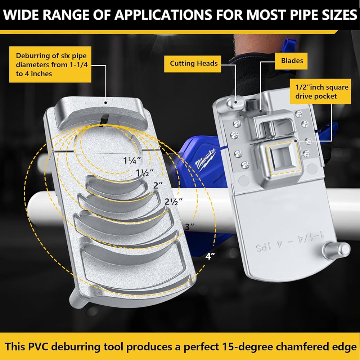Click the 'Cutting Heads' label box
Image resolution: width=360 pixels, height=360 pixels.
tap(194, 63)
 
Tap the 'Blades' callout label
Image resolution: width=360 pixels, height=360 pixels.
tap(292, 60)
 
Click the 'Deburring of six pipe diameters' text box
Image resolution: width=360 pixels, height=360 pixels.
tap(50, 64)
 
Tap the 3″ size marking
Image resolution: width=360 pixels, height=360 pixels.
tap(190, 227)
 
